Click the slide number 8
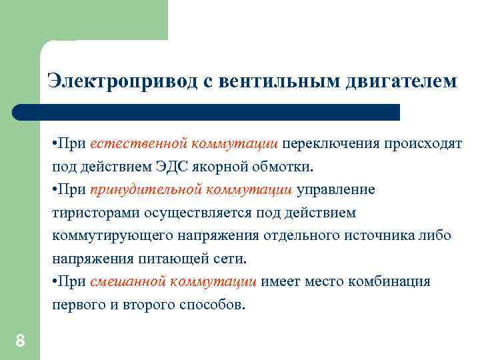[20, 341]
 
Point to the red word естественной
[138, 144]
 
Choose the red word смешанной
[128, 281]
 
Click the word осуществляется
[187, 213]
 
